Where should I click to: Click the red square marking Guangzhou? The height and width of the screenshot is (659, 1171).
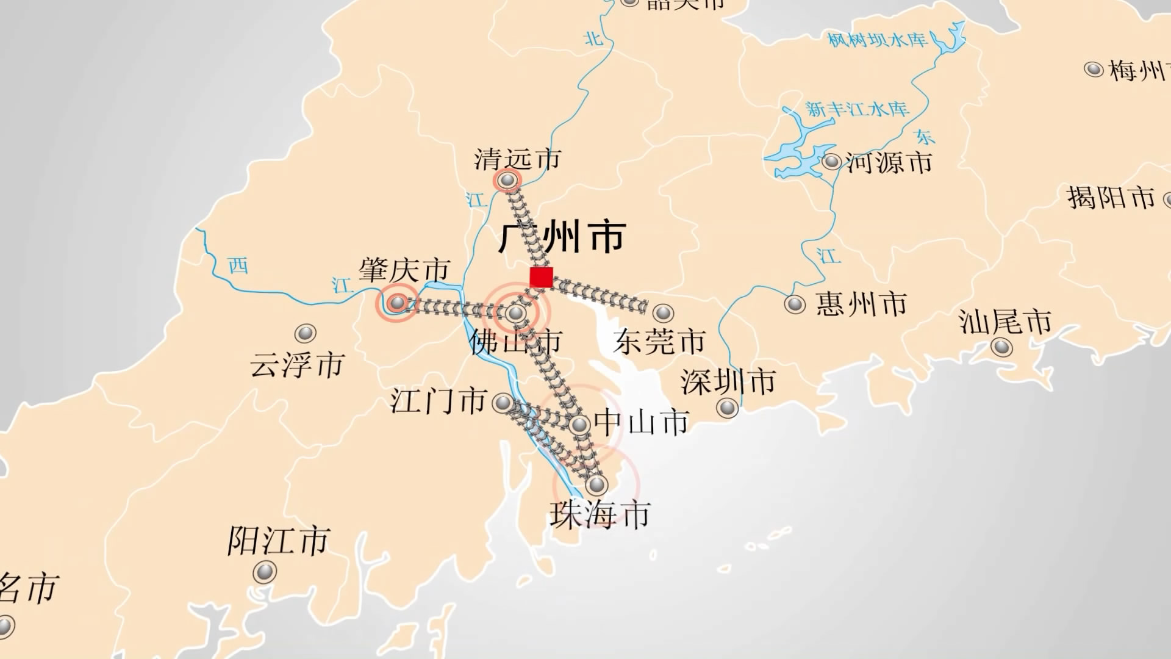[x=541, y=277]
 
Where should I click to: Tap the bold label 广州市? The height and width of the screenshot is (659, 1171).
[x=562, y=237]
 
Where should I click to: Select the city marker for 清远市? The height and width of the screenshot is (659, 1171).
[x=507, y=180]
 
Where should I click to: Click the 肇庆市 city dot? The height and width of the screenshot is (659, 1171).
[x=398, y=302]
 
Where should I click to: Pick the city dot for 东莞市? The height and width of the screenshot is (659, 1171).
[x=663, y=313]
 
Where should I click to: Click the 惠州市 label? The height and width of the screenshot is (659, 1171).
[x=861, y=304]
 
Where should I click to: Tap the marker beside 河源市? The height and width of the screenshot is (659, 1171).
[x=831, y=162]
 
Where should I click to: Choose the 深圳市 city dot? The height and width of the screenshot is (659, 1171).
[x=727, y=407]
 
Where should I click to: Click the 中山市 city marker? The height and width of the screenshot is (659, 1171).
[x=579, y=424]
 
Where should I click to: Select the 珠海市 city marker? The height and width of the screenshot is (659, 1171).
[x=596, y=485]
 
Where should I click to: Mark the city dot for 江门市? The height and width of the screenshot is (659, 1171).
[x=503, y=403]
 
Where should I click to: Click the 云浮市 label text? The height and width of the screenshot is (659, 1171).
[x=297, y=365]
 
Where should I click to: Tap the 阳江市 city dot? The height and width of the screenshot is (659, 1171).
[x=265, y=572]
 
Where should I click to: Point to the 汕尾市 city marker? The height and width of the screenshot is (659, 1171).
[x=1001, y=347]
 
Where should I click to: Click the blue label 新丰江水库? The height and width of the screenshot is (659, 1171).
[x=857, y=109]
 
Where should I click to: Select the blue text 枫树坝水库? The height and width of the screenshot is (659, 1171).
[x=877, y=40]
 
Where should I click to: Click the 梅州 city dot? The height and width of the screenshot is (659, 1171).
[x=1094, y=69]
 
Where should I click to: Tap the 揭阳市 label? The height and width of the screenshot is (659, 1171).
[x=1111, y=198]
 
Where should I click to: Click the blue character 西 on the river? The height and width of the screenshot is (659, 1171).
[x=238, y=265]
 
